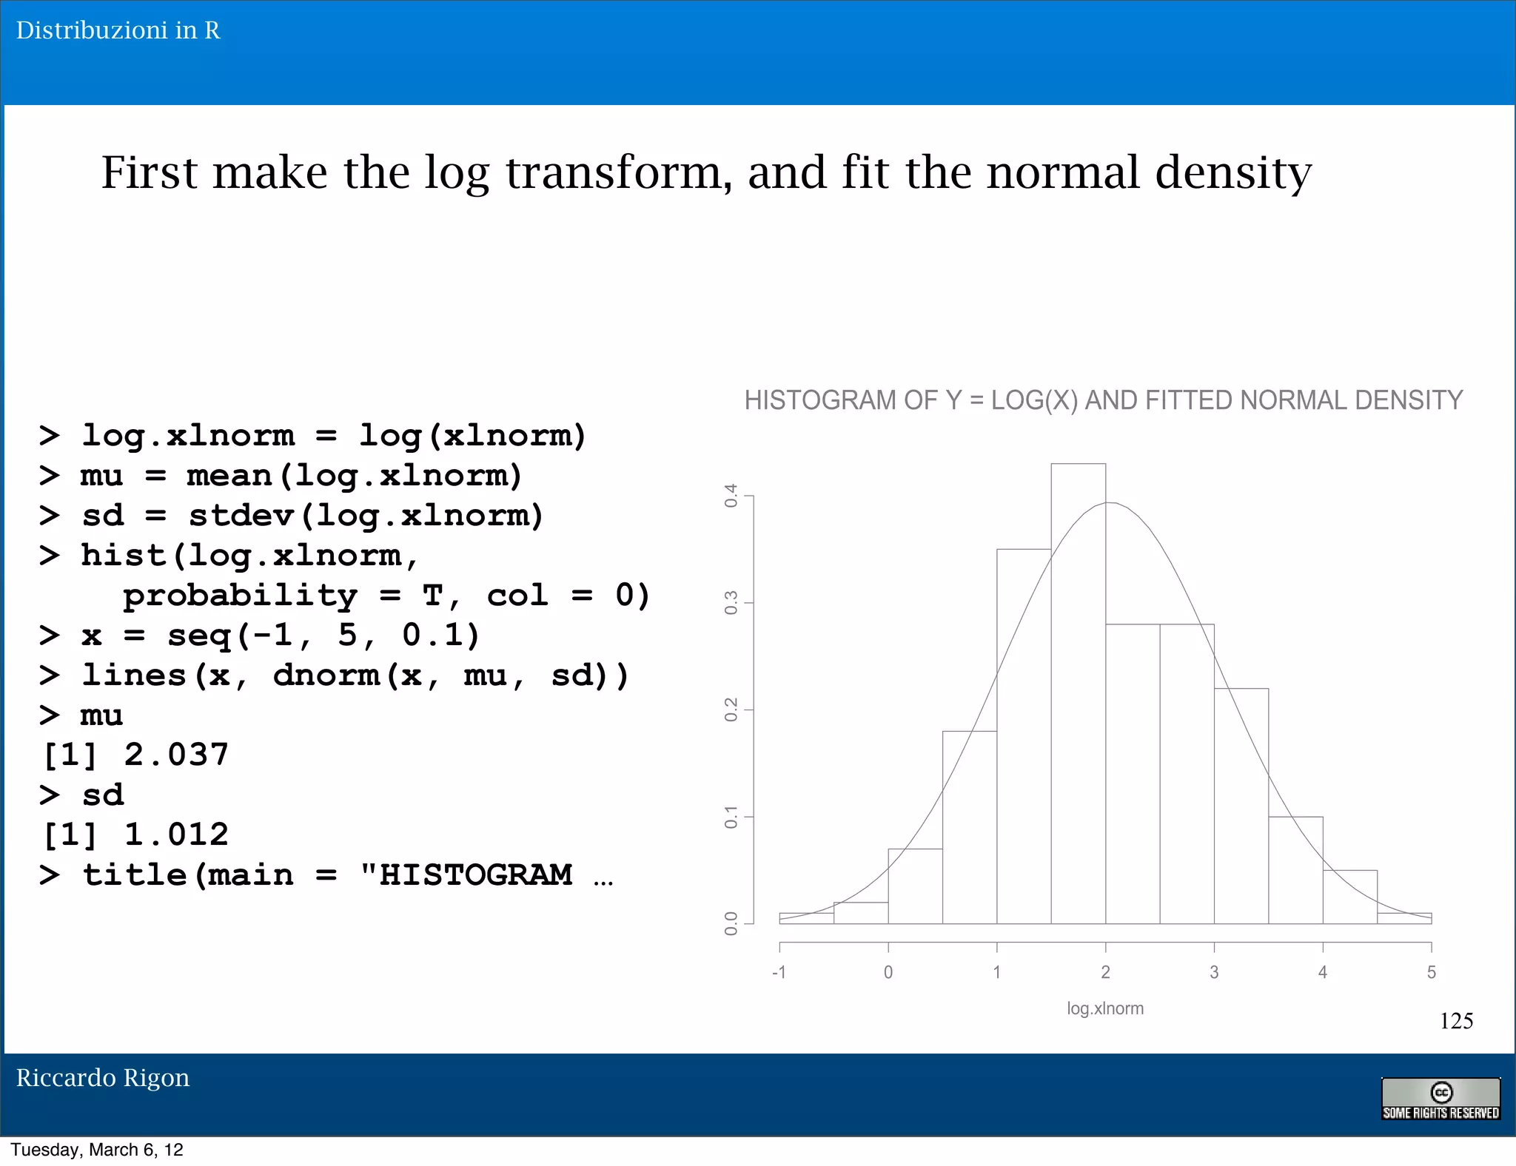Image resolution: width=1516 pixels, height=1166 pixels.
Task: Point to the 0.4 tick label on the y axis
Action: point(731,496)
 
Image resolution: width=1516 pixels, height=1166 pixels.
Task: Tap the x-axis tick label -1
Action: point(779,972)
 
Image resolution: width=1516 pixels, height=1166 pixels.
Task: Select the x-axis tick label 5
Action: point(1431,972)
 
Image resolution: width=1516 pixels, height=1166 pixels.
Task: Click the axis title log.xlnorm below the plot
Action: point(1104,1008)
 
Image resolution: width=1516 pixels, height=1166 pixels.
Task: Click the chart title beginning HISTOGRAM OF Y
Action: point(1103,400)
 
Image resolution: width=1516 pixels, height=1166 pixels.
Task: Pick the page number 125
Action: point(1455,1021)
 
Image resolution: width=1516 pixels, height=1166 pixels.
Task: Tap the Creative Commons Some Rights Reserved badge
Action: point(1440,1099)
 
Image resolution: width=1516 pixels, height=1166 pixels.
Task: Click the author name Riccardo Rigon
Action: point(103,1078)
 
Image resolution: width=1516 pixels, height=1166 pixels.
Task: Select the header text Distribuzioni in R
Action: point(118,30)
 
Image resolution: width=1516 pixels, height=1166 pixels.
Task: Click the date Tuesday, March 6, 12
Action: point(97,1150)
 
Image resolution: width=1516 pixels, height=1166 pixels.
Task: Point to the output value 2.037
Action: point(176,755)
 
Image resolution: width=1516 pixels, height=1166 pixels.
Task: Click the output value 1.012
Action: point(176,835)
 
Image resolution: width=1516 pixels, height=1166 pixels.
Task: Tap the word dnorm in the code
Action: point(326,675)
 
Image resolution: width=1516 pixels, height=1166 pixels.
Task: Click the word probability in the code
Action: point(240,596)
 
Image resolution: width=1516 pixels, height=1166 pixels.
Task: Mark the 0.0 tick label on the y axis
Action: point(731,923)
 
